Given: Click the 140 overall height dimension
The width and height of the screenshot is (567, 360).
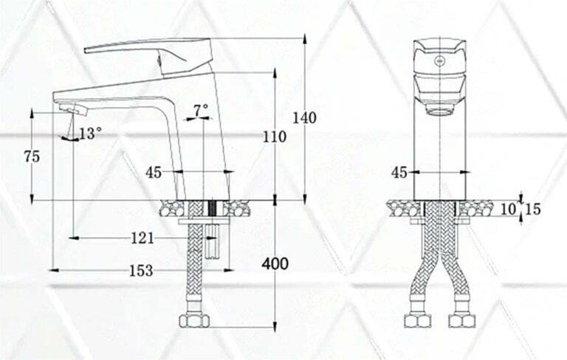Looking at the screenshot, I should [304, 117].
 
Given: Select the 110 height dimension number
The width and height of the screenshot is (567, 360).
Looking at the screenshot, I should [275, 137].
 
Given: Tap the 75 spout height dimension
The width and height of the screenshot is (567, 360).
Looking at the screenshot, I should [31, 156].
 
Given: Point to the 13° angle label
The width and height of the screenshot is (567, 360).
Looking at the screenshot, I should [90, 134].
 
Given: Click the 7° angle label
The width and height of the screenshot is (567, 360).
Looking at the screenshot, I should [201, 109].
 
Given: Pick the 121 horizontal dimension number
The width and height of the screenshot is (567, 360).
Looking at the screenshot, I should [142, 238].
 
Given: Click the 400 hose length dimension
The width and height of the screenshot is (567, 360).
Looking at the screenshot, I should [274, 263].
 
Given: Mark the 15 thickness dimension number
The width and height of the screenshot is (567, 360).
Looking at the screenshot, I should [532, 210].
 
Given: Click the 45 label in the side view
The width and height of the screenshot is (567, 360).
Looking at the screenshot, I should [154, 173].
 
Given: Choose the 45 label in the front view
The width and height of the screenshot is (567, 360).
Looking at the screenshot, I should [399, 173].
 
